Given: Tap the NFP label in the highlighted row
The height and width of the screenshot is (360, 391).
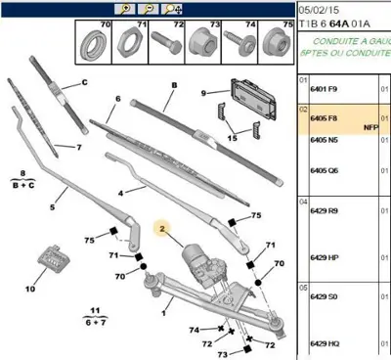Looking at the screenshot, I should pyautogui.click(x=370, y=127).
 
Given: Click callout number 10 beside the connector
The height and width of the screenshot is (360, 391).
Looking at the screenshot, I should pyautogui.click(x=30, y=290).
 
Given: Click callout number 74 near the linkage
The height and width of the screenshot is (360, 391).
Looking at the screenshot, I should pyautogui.click(x=195, y=330).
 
